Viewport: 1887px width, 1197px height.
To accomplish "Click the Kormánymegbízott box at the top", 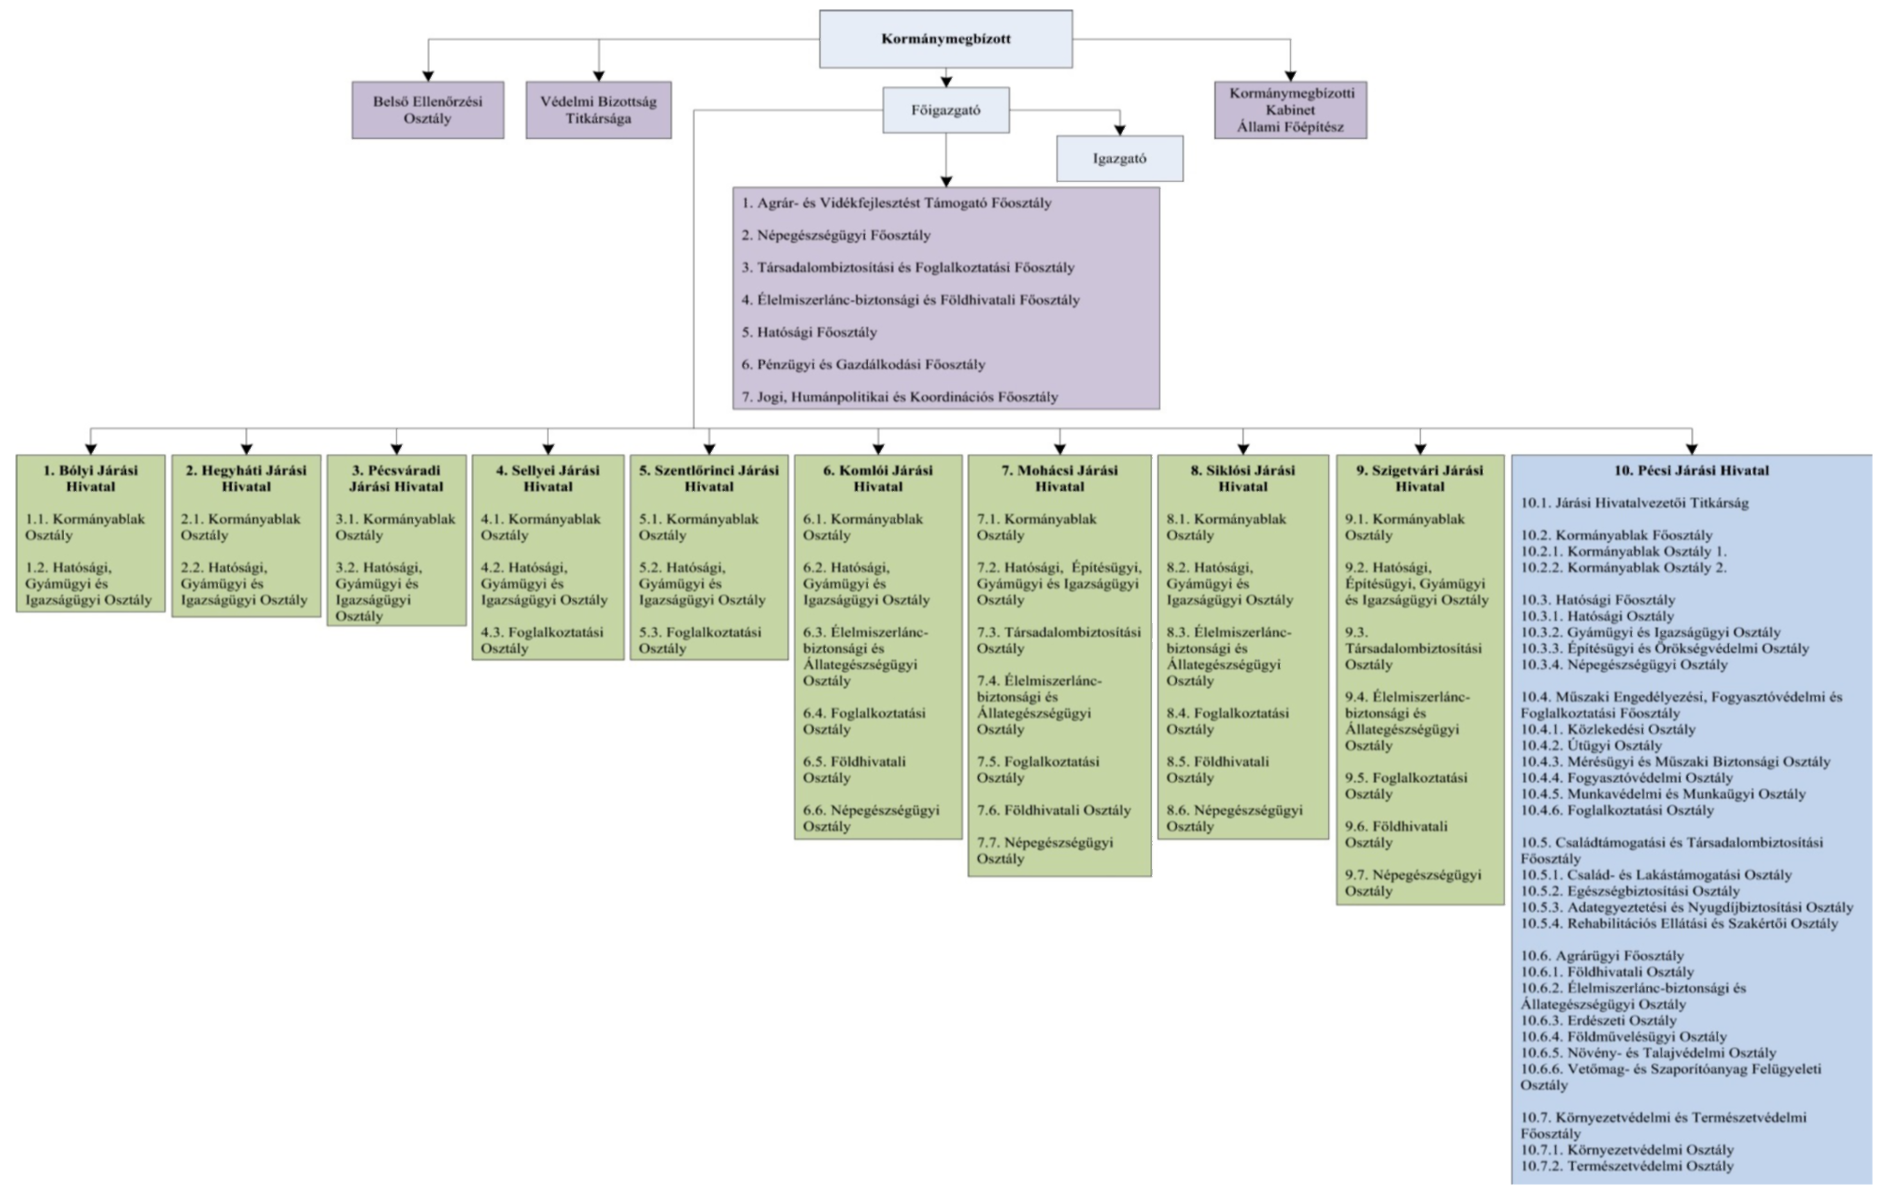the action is pyautogui.click(x=946, y=39).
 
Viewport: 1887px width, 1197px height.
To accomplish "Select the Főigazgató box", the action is pyautogui.click(x=946, y=110).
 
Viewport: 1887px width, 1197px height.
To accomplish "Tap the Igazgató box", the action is pyautogui.click(x=1120, y=158).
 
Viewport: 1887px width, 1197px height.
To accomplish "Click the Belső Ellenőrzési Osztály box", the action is pyautogui.click(x=428, y=110).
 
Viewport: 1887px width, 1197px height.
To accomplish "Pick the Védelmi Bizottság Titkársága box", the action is pyautogui.click(x=599, y=110).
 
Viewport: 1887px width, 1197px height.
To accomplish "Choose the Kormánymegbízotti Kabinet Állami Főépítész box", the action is pyautogui.click(x=1290, y=110).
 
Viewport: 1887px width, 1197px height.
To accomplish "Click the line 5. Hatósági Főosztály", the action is pyautogui.click(x=810, y=332).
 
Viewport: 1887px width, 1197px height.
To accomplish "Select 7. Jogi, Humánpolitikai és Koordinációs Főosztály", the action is pyautogui.click(x=899, y=397).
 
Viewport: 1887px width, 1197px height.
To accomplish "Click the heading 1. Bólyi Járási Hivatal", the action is pyautogui.click(x=91, y=478).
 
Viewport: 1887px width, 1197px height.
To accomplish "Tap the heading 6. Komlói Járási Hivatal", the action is pyautogui.click(x=878, y=478).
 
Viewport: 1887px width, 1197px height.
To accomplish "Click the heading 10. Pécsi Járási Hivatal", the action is pyautogui.click(x=1692, y=470).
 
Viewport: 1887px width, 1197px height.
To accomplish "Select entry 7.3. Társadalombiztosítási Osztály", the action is pyautogui.click(x=1058, y=641).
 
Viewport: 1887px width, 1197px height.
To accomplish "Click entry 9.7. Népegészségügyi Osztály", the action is pyautogui.click(x=1413, y=883).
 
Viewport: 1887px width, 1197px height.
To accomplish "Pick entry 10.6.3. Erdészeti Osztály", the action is pyautogui.click(x=1599, y=1021).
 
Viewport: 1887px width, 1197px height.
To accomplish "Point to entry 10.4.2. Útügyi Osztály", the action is pyautogui.click(x=1592, y=745).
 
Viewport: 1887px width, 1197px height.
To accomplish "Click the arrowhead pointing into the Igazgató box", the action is pyautogui.click(x=1120, y=130).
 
